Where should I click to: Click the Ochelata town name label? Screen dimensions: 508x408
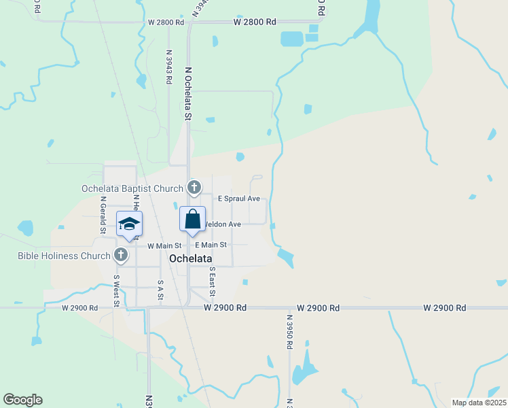tap(190, 259)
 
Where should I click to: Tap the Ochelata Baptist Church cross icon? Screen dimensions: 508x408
tap(194, 188)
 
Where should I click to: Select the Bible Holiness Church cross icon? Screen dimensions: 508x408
tap(121, 256)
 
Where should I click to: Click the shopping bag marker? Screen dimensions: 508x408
tap(192, 220)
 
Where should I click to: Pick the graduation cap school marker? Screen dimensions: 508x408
tap(129, 224)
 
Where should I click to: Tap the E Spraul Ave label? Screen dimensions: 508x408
tap(238, 199)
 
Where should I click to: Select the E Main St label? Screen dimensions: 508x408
tap(211, 245)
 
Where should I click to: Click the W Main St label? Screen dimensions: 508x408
tap(164, 245)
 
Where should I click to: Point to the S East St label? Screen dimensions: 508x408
tap(213, 282)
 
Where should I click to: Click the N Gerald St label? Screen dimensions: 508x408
tap(103, 215)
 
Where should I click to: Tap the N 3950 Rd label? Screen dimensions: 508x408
tap(289, 332)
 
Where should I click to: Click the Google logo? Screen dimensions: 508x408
tap(22, 400)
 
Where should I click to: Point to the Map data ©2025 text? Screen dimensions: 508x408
tap(478, 403)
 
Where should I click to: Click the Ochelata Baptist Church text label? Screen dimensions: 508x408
tap(132, 188)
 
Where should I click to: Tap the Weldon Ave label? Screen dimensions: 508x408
tap(223, 224)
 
